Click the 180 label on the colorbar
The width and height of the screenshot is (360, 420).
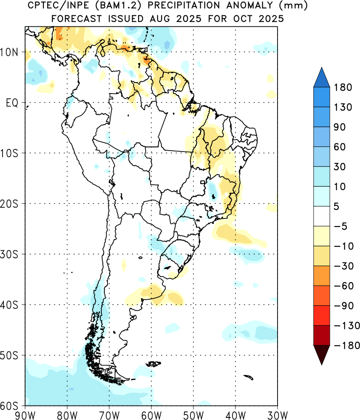tap(343, 87)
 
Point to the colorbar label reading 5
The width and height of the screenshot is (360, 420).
tap(337, 206)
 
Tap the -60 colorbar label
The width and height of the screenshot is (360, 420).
tap(344, 286)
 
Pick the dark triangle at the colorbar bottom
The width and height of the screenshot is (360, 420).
tap(321, 353)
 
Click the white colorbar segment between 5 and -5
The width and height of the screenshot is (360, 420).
tap(321, 216)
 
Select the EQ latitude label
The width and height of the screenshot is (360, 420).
tap(12, 103)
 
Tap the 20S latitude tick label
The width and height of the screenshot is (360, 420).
tap(9, 204)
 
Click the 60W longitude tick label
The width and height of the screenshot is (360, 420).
tap(151, 415)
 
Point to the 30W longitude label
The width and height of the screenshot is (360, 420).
tap(278, 415)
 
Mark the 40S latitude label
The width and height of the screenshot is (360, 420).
tap(9, 305)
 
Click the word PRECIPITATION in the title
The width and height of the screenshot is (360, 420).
tap(184, 5)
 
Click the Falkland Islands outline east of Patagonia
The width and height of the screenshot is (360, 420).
tap(153, 364)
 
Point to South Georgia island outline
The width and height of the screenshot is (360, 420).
tap(249, 377)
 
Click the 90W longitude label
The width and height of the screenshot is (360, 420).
tap(26, 415)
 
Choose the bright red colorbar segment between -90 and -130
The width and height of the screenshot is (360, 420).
tap(321, 316)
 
